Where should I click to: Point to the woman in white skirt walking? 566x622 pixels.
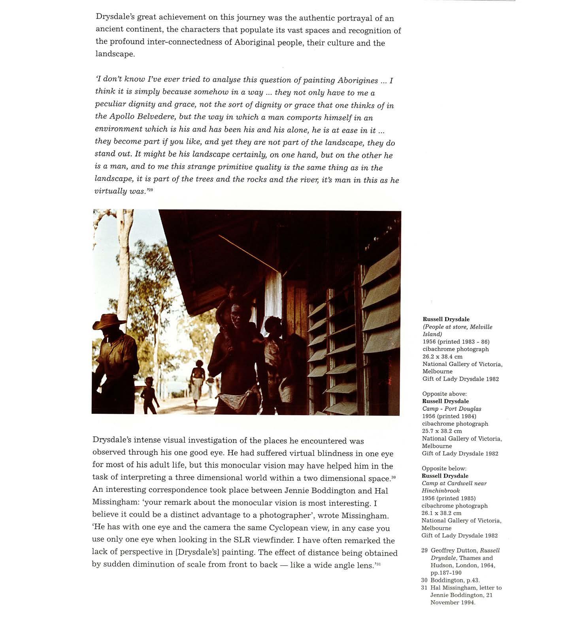click(198, 381)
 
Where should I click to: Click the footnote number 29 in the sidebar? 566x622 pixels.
click(424, 550)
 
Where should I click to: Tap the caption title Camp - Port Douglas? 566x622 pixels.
click(451, 409)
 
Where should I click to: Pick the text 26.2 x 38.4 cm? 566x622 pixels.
click(442, 357)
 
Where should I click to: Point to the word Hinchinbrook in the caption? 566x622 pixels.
click(440, 490)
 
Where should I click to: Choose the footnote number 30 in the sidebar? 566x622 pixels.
click(424, 580)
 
